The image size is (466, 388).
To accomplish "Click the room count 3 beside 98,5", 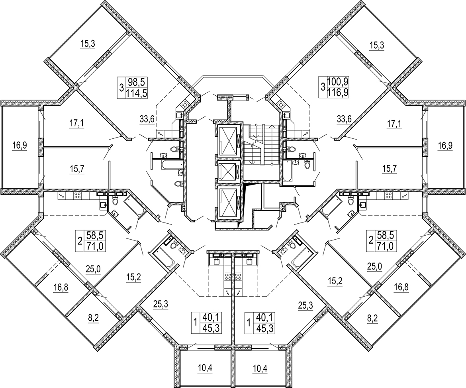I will pyautogui.click(x=121, y=87).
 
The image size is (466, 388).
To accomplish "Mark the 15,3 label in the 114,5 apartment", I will pyautogui.click(x=87, y=45).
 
